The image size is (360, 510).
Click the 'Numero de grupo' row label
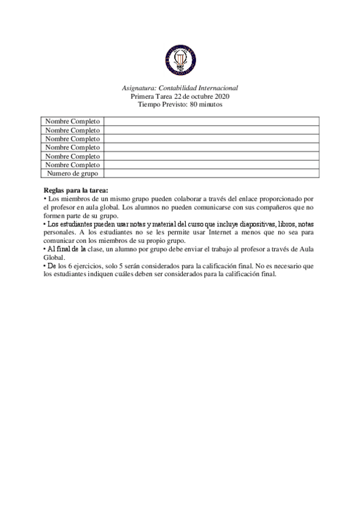point(73,173)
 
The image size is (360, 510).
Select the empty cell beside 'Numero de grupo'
point(211,173)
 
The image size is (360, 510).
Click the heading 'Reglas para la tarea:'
point(76,190)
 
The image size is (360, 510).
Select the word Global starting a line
point(55,256)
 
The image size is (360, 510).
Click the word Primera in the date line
point(142,96)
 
